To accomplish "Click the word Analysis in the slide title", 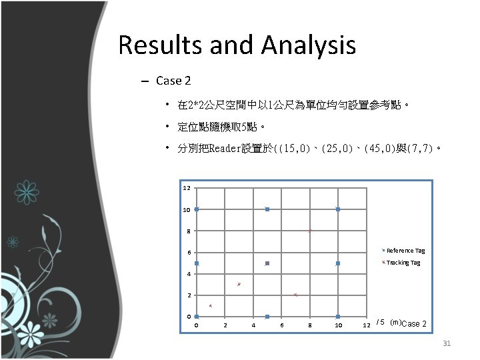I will (x=309, y=46).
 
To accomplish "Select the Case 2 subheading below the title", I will (x=173, y=81).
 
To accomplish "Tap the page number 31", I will (x=447, y=343).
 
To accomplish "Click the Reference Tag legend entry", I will (x=405, y=251).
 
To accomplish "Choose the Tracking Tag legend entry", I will (x=403, y=263).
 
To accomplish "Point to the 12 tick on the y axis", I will (x=187, y=188).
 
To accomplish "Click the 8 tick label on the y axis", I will (x=189, y=231).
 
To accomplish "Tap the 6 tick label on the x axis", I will (x=282, y=325).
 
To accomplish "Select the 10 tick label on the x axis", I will (x=338, y=325).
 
